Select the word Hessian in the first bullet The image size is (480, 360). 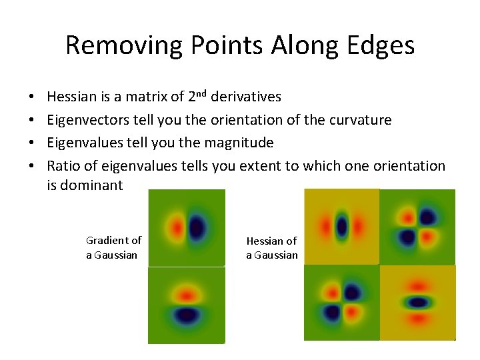coord(72,97)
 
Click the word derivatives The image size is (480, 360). coord(245,97)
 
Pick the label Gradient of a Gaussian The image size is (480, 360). coord(113,247)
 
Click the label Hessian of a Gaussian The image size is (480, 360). coord(271,247)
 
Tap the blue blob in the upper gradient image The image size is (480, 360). coord(196,227)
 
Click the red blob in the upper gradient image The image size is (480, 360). coord(177,227)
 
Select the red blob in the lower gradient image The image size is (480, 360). coord(187,294)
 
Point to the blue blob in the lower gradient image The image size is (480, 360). coord(187,313)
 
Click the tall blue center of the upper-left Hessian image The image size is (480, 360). coord(342,227)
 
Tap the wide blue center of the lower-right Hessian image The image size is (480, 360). coord(418,302)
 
